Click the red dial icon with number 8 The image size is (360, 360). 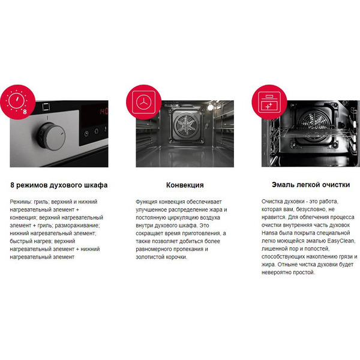[17, 102]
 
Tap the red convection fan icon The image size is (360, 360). [144, 102]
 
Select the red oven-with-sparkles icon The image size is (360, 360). [269, 102]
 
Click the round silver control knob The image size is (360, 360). [51, 137]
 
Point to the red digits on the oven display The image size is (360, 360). [104, 112]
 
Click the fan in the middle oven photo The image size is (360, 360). [185, 125]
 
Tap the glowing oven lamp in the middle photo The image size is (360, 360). [211, 107]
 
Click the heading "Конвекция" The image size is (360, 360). [185, 185]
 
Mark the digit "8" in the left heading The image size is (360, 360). [12, 185]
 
